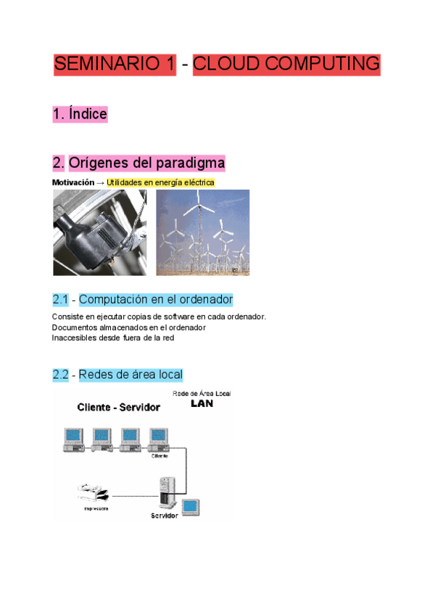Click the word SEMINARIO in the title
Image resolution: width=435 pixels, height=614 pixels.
point(115,64)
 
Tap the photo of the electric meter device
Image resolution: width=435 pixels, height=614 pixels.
point(99,232)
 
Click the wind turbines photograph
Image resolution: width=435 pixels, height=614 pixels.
point(203,232)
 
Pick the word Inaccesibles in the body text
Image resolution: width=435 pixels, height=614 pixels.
point(75,337)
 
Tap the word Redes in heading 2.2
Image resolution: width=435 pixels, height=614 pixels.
point(95,374)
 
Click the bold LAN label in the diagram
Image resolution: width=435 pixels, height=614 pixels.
point(202,404)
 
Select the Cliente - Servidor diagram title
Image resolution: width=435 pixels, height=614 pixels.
point(119,408)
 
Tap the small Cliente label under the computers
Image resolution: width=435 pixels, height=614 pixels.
point(160,456)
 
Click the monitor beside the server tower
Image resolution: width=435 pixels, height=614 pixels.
point(191,506)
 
